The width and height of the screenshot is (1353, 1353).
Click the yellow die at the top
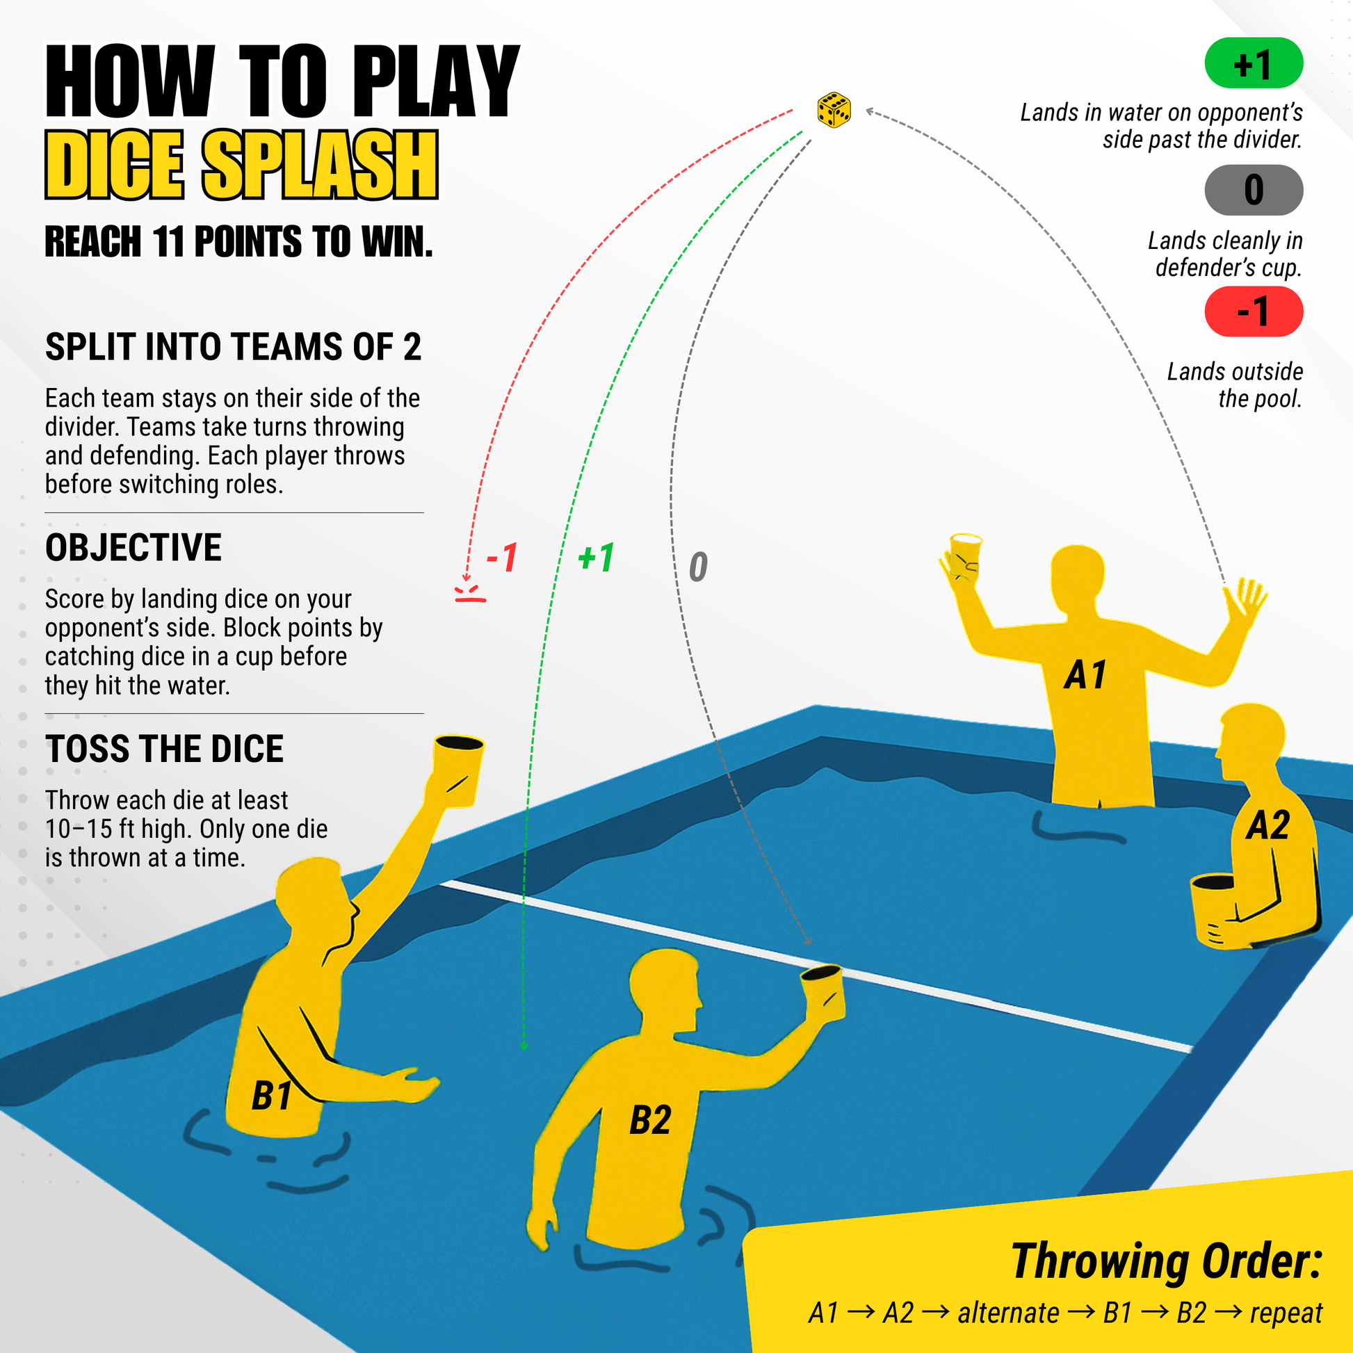tap(834, 110)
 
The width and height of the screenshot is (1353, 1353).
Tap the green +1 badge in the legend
tap(1253, 63)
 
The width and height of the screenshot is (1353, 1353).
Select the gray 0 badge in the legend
tap(1253, 190)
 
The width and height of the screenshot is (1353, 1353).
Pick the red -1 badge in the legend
tap(1253, 311)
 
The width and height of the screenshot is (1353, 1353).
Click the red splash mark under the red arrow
tap(470, 593)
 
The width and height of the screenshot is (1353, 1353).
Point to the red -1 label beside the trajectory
tap(502, 558)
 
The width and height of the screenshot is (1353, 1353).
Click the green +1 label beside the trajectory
tap(596, 558)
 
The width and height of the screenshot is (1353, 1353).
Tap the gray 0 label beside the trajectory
tap(697, 567)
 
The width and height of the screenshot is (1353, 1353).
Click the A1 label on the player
tap(1085, 675)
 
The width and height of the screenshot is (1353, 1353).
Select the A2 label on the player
tap(1267, 825)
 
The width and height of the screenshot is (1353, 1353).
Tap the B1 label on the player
tap(272, 1095)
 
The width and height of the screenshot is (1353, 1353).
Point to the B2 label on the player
tap(650, 1120)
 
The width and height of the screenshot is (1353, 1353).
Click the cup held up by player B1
tap(458, 769)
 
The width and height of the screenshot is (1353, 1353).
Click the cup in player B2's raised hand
tap(824, 991)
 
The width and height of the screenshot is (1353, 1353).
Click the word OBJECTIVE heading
tap(133, 548)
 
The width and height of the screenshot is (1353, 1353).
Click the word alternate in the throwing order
tap(1007, 1313)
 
